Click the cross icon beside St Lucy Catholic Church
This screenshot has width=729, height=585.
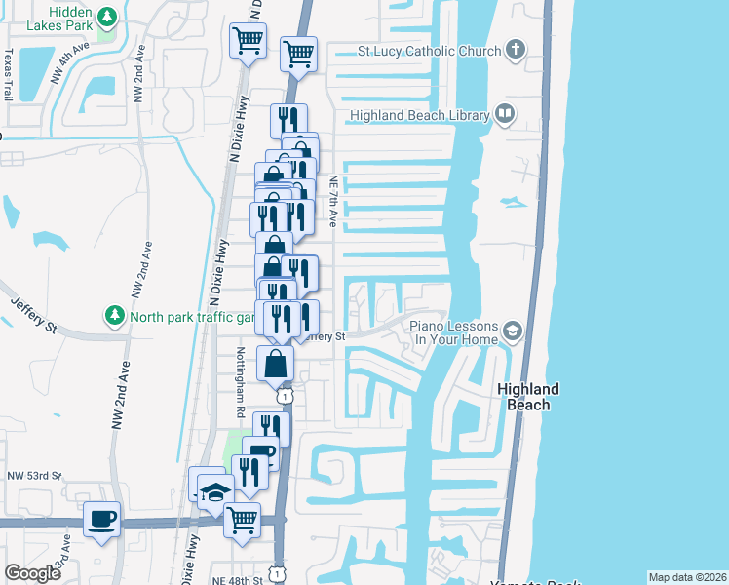click(516, 51)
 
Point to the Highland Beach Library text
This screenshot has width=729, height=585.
click(419, 115)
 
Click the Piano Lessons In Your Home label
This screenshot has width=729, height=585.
click(453, 332)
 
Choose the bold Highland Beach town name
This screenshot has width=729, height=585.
click(528, 396)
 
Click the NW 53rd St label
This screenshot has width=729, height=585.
click(32, 476)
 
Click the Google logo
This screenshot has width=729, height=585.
click(32, 573)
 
